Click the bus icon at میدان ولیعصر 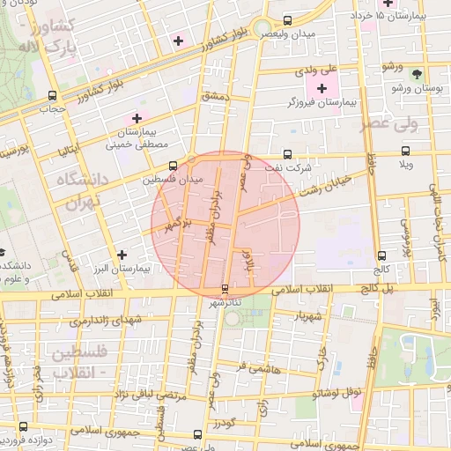tap(289, 20)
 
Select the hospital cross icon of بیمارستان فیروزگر tap(321, 87)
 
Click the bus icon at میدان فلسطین tap(194, 162)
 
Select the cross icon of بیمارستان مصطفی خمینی tap(137, 117)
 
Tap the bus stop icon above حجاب tap(52, 95)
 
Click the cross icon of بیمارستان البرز tap(122, 255)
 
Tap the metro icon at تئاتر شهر tap(225, 288)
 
